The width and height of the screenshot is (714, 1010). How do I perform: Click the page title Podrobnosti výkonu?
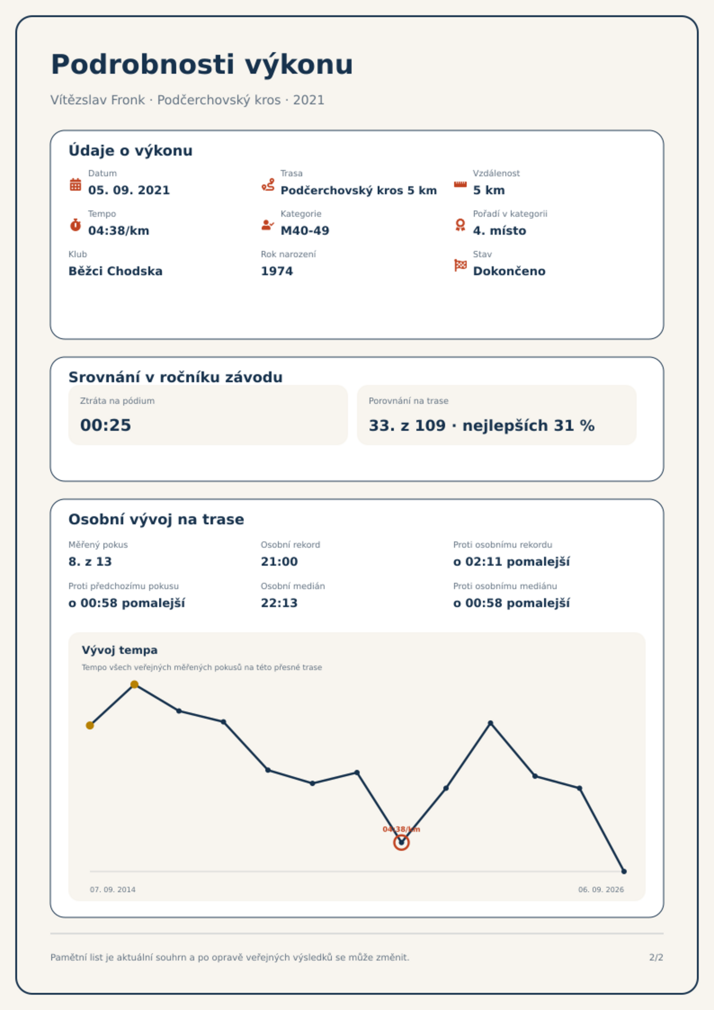pos(202,65)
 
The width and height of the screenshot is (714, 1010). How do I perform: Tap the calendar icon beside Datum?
pos(76,184)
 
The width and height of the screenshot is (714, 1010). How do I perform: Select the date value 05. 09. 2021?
pos(129,190)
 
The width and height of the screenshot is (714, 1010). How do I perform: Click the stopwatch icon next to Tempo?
pos(76,225)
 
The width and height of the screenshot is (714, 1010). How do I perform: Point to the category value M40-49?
pos(305,231)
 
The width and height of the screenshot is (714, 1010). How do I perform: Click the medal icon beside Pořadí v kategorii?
pos(460,225)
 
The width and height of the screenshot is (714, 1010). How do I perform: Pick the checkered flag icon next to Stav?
pos(460,265)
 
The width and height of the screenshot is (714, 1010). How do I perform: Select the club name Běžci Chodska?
pos(116,271)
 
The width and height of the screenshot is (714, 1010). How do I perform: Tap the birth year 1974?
pos(277,271)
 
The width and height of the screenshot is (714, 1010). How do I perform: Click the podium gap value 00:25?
pos(106,425)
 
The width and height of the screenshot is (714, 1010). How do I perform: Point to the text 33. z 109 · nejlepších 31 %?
pos(482,425)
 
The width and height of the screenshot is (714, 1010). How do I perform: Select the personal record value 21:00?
pos(279,562)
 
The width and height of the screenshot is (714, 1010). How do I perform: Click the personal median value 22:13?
pos(279,603)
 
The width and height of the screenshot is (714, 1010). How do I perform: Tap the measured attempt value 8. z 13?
pos(90,562)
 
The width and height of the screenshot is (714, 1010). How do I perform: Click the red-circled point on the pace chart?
pos(402,842)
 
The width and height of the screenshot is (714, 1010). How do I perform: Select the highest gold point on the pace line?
pos(134,684)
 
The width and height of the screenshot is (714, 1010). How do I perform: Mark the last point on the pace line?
pos(624,871)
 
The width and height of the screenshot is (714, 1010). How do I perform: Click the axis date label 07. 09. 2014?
pos(112,889)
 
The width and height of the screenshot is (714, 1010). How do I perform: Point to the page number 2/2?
pos(656,957)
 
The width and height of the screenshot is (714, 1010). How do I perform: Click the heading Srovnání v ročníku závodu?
pos(175,377)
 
